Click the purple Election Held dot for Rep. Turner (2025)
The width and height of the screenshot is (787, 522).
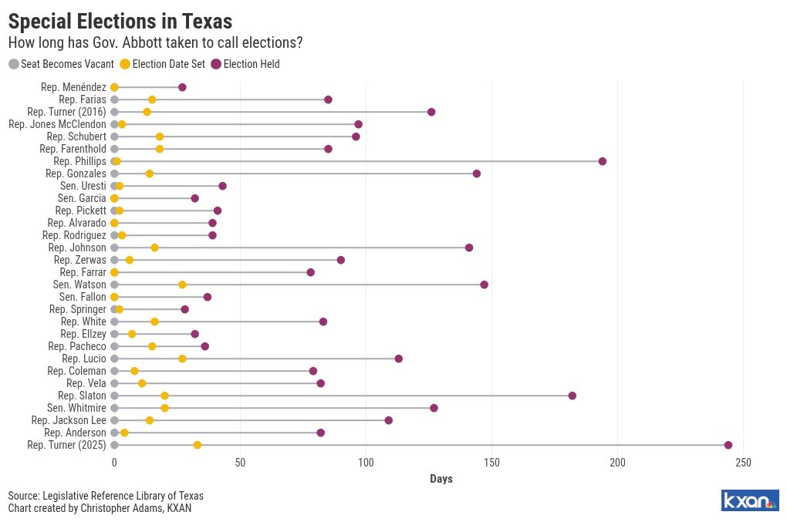[x=728, y=445]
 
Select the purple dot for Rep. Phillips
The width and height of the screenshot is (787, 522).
[x=603, y=161]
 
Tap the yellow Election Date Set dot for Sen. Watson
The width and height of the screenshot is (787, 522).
[x=182, y=285]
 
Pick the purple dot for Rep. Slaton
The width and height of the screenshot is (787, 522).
[x=573, y=396]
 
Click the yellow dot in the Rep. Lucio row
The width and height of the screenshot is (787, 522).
[x=182, y=359]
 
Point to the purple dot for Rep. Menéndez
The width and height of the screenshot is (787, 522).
[x=182, y=87]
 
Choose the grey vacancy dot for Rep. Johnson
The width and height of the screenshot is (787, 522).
[x=114, y=248]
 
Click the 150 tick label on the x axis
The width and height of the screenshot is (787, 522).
[x=492, y=463]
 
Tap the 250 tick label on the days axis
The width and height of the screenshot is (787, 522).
[x=743, y=463]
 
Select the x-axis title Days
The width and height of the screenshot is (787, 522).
[x=441, y=479]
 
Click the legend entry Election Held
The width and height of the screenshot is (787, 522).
[x=245, y=64]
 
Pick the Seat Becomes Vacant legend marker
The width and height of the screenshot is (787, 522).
[x=14, y=64]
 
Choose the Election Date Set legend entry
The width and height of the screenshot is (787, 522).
[x=163, y=64]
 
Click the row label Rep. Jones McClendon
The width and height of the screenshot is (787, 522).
[x=57, y=124]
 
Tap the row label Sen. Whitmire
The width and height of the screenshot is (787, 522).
[x=77, y=408]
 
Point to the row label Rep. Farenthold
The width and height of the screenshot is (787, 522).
[x=73, y=149]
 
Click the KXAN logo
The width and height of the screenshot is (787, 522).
[x=750, y=500]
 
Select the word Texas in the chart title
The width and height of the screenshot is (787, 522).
[x=207, y=22]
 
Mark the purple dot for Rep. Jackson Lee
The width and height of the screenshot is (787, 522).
[x=388, y=420]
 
